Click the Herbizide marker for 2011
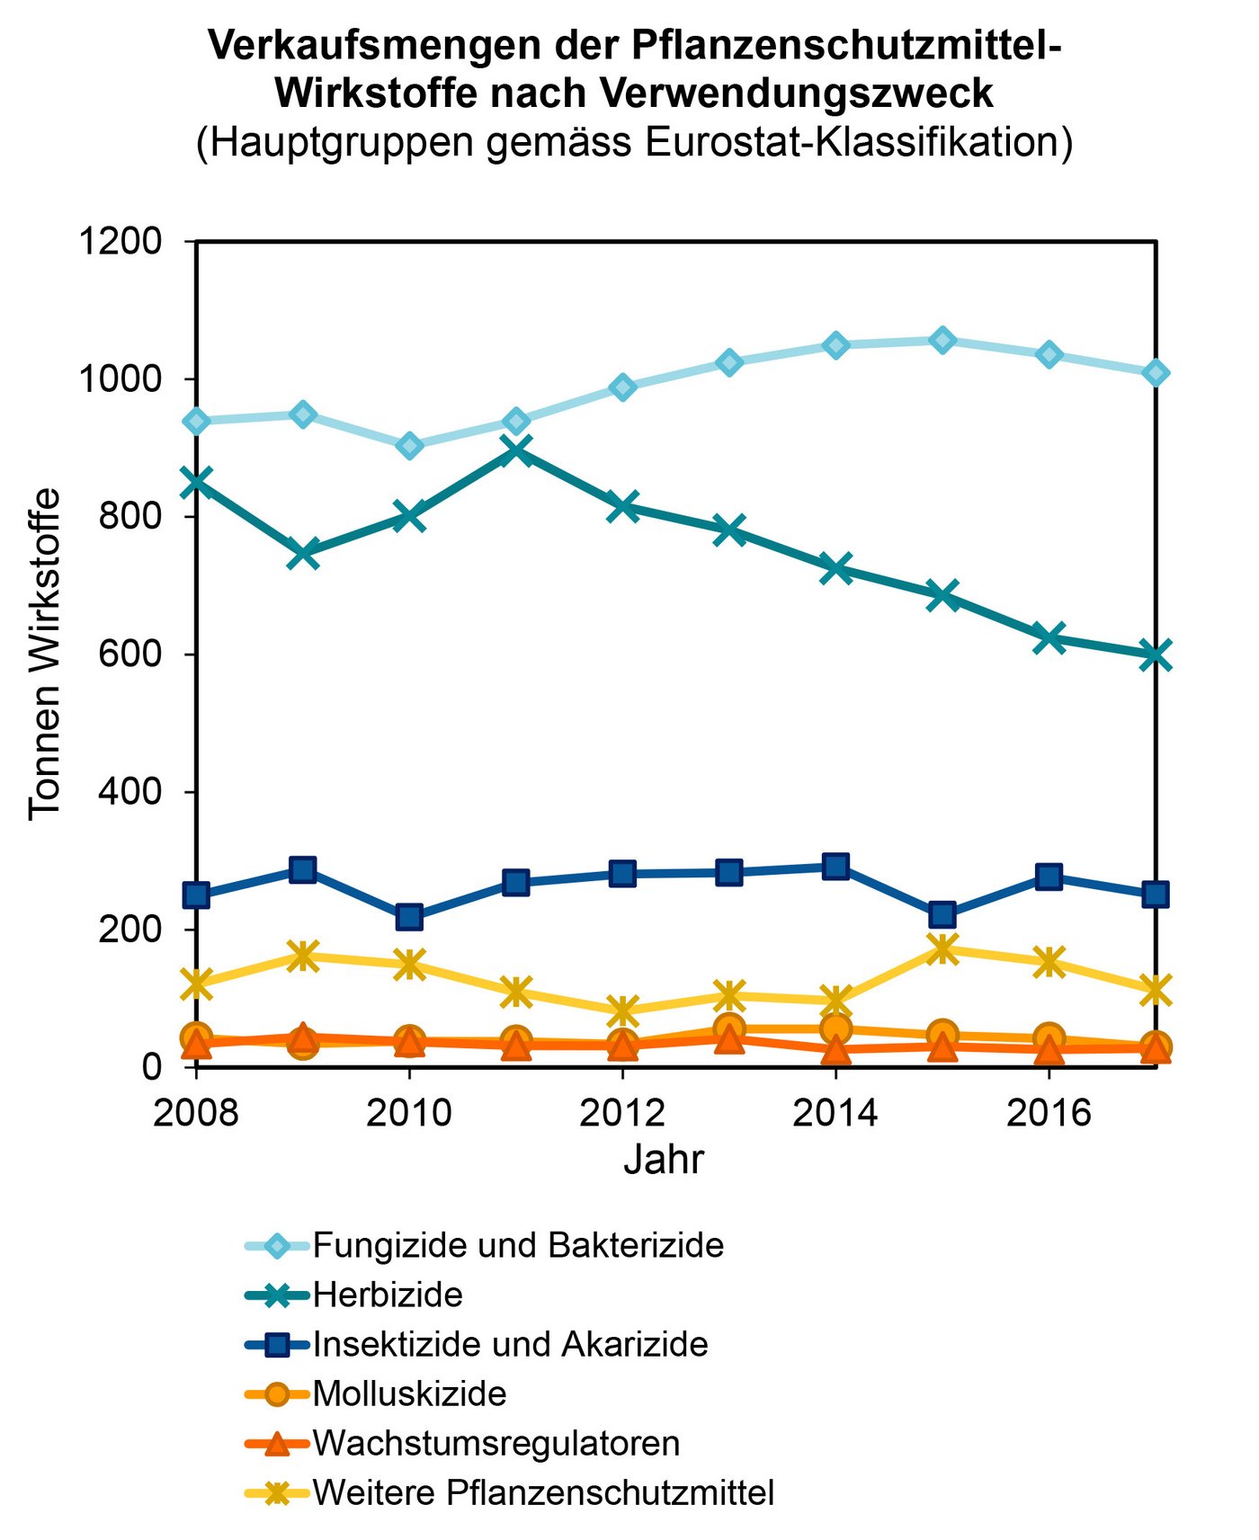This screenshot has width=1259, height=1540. coord(516,449)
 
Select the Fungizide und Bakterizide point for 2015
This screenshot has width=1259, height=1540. coord(942,340)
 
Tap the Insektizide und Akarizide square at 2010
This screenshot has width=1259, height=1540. coord(409,917)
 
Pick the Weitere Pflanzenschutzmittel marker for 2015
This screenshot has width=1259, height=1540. coord(942,948)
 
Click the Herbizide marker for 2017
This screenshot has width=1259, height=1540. coord(1155,654)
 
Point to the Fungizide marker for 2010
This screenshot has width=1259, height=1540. coord(409,446)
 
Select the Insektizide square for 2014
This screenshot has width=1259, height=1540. coord(835,866)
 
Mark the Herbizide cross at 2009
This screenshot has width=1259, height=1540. coord(303,553)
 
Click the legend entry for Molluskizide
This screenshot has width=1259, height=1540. coord(409,1393)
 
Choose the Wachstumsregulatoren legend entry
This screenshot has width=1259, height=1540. coord(496,1443)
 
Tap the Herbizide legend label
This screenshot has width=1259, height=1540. coord(388,1295)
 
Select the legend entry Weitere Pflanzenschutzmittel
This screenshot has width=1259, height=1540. coord(543,1492)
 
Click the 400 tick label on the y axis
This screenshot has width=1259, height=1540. coord(130,791)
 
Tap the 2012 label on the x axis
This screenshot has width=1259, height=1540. coord(621,1113)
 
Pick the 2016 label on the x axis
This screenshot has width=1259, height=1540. coord(1048,1113)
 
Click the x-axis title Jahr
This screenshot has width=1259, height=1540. coord(663,1160)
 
